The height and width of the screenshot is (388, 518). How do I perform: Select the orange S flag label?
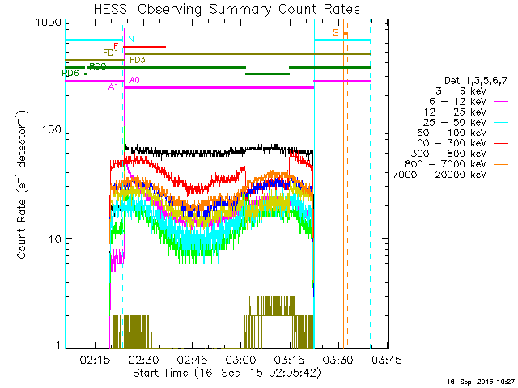click(335, 32)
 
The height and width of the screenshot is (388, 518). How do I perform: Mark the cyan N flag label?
click(131, 39)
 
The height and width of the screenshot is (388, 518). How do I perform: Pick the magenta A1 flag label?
click(113, 86)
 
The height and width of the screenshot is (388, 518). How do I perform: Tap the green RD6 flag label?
click(70, 74)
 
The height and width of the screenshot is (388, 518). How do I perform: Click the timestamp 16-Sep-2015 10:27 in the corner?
click(483, 381)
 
